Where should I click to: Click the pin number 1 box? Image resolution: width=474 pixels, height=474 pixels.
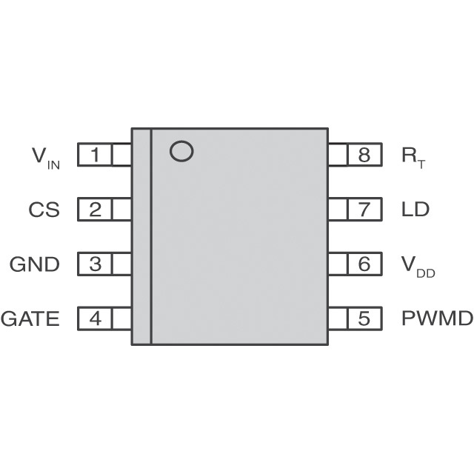(x=95, y=155)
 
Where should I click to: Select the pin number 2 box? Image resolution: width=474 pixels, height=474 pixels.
(x=95, y=209)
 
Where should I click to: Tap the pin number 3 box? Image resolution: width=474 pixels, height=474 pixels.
(x=95, y=264)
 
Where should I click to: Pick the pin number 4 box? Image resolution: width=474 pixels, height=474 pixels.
(x=95, y=318)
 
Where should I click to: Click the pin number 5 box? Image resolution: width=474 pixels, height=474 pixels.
(x=364, y=318)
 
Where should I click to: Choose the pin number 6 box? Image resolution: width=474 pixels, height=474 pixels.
(x=364, y=264)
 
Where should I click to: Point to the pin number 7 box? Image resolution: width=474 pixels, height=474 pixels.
(x=364, y=209)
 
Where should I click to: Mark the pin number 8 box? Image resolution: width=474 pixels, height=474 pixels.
(x=364, y=155)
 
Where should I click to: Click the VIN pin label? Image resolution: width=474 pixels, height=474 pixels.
(x=46, y=158)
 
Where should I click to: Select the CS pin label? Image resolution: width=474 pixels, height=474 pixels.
(x=44, y=210)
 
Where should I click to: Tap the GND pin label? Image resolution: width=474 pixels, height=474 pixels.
(x=35, y=264)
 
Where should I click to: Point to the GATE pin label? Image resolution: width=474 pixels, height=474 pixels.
(x=30, y=318)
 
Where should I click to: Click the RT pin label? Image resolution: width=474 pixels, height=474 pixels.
(x=413, y=158)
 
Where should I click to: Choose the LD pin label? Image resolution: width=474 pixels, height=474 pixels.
(x=415, y=210)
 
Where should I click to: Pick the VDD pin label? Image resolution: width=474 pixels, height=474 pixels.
(x=418, y=267)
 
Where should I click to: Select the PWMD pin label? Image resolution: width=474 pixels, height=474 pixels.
(x=437, y=318)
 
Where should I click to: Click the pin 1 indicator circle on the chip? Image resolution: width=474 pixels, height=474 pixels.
(x=181, y=141)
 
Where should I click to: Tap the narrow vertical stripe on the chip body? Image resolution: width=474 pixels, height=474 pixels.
(x=141, y=236)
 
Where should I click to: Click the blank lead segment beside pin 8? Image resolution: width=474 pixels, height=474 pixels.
(x=338, y=155)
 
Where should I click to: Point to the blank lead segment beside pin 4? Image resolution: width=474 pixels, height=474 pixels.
(x=121, y=318)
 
